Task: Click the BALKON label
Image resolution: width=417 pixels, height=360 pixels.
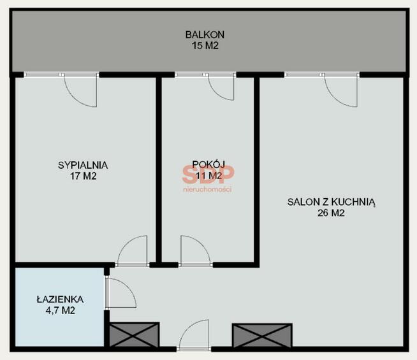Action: (205, 34)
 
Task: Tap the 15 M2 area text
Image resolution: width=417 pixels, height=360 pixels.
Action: (205, 46)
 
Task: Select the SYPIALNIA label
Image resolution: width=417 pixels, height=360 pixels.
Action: (83, 165)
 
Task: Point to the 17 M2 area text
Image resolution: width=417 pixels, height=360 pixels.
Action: (84, 176)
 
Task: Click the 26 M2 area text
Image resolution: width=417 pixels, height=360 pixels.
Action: (331, 213)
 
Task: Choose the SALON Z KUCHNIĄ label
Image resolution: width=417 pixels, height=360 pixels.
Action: (332, 203)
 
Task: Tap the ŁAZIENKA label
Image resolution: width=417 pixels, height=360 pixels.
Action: (60, 299)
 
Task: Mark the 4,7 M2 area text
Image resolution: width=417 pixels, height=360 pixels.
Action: (61, 310)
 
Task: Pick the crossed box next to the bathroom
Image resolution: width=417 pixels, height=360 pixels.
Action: (135, 335)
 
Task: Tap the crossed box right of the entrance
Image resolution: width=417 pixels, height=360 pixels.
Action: (262, 335)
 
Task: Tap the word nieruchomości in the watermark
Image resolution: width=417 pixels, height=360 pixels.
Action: (207, 189)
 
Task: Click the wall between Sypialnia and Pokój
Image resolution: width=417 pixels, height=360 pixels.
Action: (159, 170)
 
